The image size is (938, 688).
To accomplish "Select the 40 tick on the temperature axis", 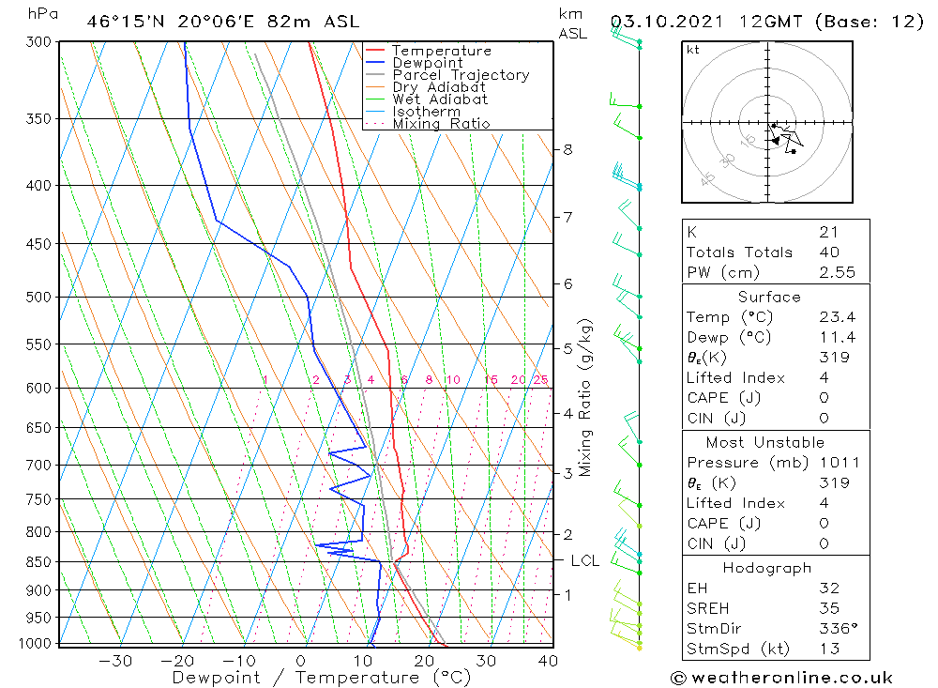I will [548, 661].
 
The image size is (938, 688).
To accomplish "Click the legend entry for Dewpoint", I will [427, 63].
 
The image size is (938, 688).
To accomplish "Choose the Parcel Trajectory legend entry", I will [460, 75].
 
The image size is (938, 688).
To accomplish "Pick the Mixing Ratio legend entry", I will [441, 124].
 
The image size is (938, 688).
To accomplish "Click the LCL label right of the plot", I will [584, 561].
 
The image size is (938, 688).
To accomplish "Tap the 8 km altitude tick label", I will [567, 149].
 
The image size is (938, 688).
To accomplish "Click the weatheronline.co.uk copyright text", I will [781, 678].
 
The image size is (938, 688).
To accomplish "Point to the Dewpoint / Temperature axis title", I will [322, 677].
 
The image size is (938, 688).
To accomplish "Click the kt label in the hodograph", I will [692, 50].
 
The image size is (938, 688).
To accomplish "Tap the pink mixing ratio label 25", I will [540, 380].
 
